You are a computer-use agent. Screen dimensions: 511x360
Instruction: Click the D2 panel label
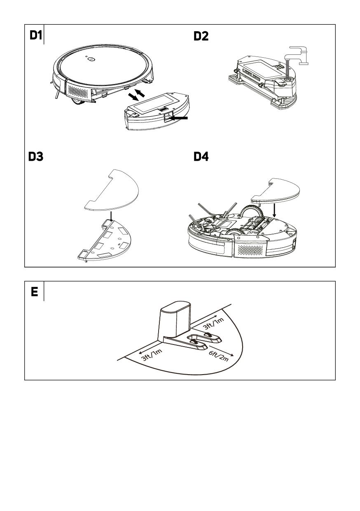(201, 36)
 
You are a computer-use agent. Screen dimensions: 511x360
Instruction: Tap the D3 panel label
(36, 157)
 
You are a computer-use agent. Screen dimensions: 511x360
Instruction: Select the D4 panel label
(201, 157)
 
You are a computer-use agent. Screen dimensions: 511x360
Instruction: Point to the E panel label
(35, 292)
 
